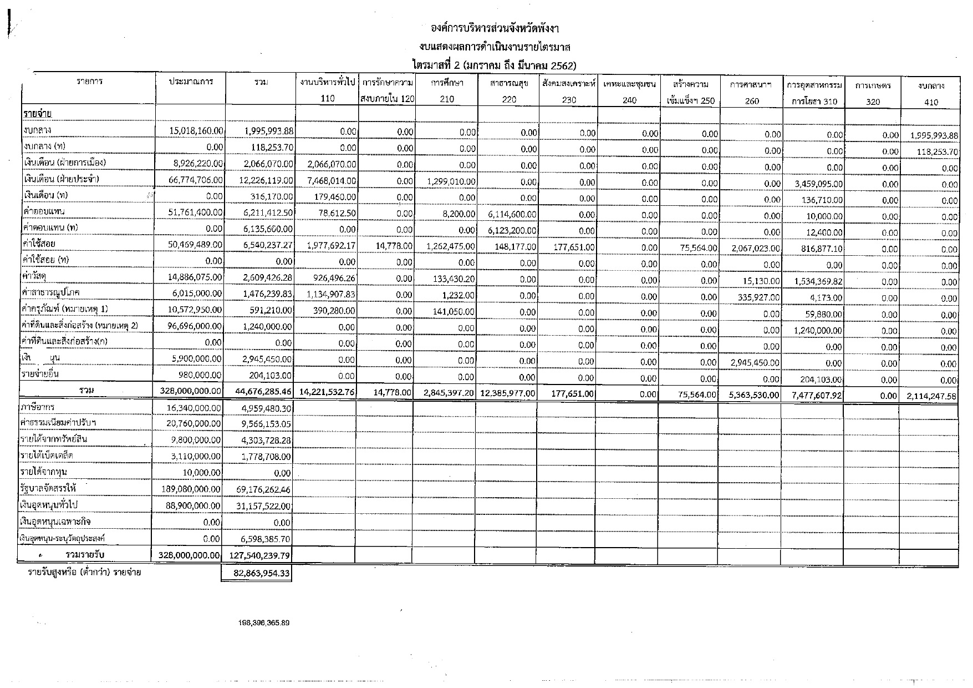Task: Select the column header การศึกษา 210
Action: [x=447, y=92]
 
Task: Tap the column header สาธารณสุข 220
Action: [x=508, y=92]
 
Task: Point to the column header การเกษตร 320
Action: [x=873, y=93]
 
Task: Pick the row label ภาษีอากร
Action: [x=39, y=407]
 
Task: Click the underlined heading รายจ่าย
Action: [x=38, y=114]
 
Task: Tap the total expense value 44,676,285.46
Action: [x=260, y=392]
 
